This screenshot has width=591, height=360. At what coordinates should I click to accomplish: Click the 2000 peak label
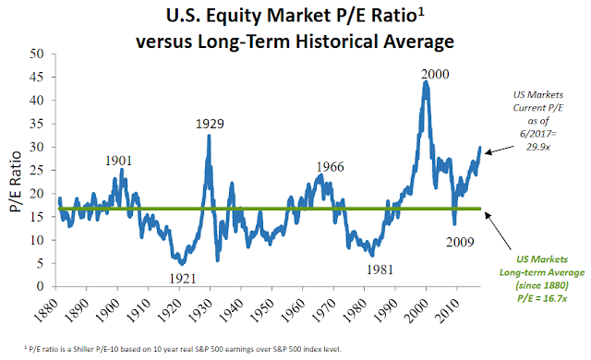pos(435,74)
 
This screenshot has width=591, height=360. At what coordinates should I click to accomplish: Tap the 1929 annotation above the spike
pos(210,124)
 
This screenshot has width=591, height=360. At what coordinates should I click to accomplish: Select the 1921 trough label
pos(183,278)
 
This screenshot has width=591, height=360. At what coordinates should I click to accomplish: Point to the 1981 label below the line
pos(380,270)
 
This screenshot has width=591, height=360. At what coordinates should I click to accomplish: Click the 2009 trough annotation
pos(460,242)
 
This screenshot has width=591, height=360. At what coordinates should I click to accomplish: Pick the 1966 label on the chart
pos(330,166)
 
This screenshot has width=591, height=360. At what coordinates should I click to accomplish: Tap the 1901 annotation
pos(118,161)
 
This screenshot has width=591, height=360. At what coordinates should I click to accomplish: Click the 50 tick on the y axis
pos(37,54)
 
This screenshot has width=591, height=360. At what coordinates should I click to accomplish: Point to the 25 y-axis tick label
pos(37,170)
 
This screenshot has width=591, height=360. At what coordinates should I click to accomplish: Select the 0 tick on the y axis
pos(41,286)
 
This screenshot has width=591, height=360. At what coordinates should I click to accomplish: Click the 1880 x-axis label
pos(46,310)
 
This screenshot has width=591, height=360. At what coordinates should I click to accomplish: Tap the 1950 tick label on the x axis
pos(262,310)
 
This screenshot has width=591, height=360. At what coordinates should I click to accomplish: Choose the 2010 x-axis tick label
pos(447,310)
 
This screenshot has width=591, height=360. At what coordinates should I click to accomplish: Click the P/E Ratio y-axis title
pos(16,182)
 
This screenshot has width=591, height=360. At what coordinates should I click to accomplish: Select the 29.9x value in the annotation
pos(537,147)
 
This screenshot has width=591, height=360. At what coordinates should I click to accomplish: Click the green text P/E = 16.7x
pos(542,298)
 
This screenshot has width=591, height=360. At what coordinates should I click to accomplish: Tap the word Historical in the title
pos(337,41)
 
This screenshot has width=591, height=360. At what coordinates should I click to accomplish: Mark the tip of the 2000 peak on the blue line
pos(426,81)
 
